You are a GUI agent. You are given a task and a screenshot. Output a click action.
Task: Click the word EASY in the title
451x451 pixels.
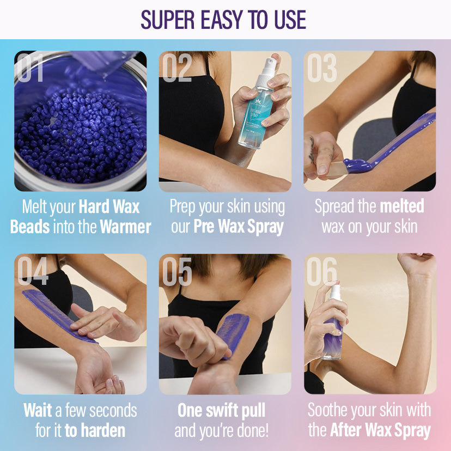222,20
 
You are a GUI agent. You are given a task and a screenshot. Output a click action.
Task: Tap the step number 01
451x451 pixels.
30,68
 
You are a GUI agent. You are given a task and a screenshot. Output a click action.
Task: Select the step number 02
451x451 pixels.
177,68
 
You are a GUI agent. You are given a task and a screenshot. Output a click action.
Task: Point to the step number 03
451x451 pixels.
322,68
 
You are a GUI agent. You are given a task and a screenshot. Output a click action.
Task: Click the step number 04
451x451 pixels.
33,271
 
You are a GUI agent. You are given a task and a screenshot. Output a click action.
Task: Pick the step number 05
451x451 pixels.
177,271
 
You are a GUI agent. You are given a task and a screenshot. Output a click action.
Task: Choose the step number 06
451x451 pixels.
322,271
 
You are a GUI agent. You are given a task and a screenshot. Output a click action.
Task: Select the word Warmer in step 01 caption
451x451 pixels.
125,227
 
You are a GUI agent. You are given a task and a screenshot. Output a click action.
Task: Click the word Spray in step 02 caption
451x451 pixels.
265,228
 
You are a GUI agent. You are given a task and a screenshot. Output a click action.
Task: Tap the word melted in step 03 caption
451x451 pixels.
402,206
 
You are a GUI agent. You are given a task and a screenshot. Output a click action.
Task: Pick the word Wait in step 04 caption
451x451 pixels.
38,410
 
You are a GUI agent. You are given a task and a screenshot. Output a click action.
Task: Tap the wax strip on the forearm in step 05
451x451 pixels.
233,334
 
